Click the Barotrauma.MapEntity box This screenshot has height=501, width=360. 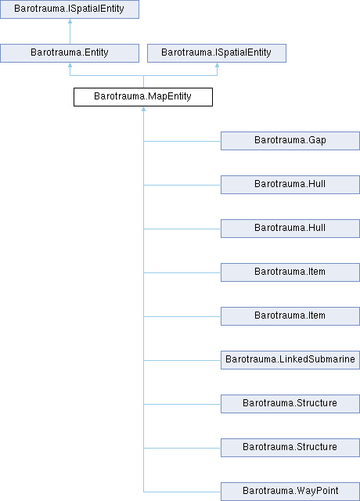(x=143, y=97)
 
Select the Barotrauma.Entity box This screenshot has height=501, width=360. (x=70, y=53)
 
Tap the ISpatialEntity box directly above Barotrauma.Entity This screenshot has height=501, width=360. (x=70, y=9)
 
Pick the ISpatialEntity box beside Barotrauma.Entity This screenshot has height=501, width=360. (x=217, y=53)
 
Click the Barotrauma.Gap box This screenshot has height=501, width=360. (x=290, y=141)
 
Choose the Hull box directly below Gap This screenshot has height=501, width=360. (x=290, y=185)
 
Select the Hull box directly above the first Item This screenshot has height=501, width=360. (x=290, y=229)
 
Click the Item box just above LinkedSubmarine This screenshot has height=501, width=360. (x=290, y=316)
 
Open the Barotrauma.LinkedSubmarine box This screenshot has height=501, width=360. (x=290, y=360)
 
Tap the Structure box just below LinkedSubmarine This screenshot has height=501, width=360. (x=290, y=404)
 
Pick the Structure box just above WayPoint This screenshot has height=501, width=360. (x=290, y=447)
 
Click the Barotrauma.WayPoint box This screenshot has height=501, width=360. (x=290, y=492)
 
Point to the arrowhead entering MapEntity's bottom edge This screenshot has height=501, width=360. (x=143, y=109)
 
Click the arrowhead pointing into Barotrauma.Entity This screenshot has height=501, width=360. (x=70, y=65)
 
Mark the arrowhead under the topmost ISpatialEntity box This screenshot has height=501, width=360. (x=70, y=21)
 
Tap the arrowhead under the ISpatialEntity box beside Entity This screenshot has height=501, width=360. (x=218, y=65)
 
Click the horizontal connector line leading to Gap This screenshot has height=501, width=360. (x=182, y=141)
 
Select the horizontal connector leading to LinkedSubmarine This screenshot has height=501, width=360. (x=182, y=360)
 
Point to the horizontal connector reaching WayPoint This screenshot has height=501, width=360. (x=182, y=492)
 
